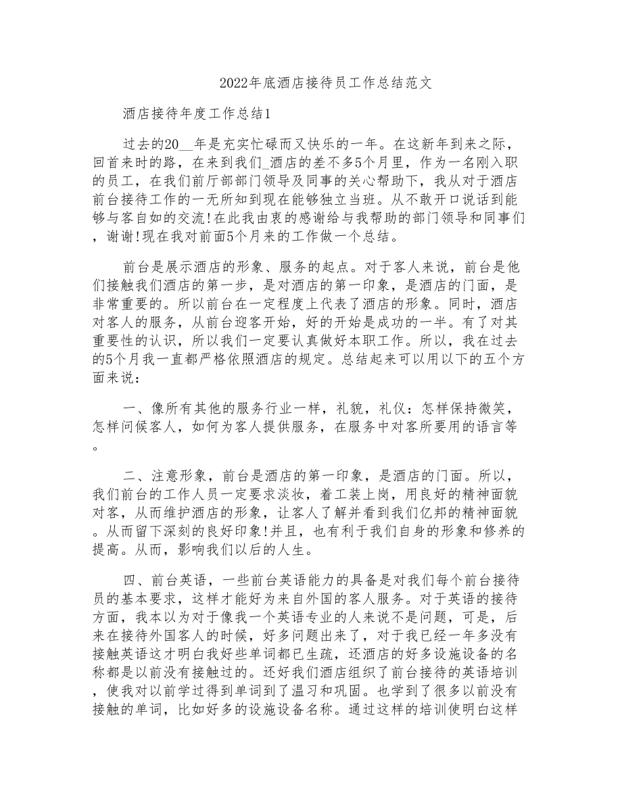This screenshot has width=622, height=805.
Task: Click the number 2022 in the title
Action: coord(235,83)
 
